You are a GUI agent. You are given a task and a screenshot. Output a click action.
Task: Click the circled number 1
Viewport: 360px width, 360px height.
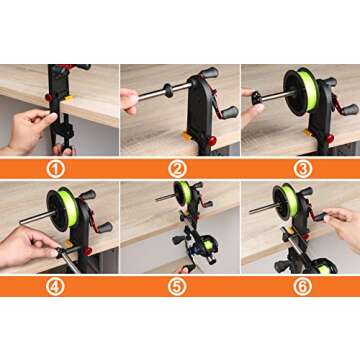[x=59, y=167]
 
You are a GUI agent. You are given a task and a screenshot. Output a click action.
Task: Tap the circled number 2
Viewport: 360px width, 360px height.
[x=180, y=167]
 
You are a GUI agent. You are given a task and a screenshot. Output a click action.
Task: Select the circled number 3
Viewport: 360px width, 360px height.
[x=300, y=167]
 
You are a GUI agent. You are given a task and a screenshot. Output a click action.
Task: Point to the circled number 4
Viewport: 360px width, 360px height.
[x=59, y=285]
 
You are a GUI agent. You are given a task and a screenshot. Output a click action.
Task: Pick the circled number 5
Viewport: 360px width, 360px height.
[x=180, y=285]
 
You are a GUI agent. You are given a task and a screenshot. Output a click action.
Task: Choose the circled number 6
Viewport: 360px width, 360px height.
[x=300, y=285]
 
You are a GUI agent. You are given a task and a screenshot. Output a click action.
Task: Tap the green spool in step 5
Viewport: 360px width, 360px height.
[x=183, y=193]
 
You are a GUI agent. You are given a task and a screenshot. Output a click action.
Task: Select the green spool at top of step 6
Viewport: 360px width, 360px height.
[x=289, y=197]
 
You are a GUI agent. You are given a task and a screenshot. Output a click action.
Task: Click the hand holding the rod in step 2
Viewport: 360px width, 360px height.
[x=130, y=100]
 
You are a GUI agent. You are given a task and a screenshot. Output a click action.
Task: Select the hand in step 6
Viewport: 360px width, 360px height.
[x=340, y=225]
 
